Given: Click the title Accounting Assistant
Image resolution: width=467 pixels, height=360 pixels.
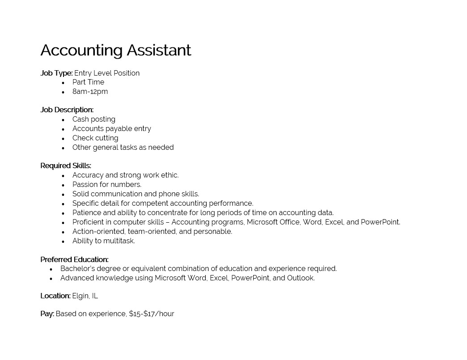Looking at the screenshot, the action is point(115,50).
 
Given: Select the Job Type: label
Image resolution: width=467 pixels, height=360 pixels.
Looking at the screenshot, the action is point(56,73).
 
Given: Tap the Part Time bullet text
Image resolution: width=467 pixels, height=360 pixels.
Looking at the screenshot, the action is point(88,82).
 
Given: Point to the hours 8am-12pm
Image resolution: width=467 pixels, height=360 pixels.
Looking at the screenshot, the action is point(90,92).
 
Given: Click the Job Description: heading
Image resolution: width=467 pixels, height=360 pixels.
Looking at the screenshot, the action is point(67,110).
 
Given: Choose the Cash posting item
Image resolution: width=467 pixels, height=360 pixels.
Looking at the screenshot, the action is point(93,119).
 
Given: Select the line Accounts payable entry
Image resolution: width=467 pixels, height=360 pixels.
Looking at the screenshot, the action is point(111,129).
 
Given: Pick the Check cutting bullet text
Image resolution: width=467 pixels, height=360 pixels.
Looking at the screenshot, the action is point(95,138).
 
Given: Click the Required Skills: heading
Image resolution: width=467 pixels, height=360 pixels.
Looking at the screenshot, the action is point(66,166).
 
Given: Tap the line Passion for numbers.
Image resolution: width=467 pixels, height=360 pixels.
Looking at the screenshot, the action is point(106,185).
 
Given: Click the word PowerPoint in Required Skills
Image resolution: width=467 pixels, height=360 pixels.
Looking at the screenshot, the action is point(380,222).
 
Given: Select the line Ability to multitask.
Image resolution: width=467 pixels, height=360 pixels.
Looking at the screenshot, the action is point(103,241).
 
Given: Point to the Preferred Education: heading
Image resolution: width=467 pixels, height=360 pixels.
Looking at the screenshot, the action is point(74,259).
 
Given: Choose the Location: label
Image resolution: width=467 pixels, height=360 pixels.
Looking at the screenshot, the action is point(55,296).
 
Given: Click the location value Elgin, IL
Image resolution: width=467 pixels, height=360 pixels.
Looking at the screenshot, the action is point(85,296).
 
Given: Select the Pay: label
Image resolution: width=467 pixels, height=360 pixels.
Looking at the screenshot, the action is point(47,314).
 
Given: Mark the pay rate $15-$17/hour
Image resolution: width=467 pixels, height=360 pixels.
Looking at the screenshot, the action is point(152,314).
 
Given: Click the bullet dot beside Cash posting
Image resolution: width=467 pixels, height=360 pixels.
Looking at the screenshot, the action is point(63,120).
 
